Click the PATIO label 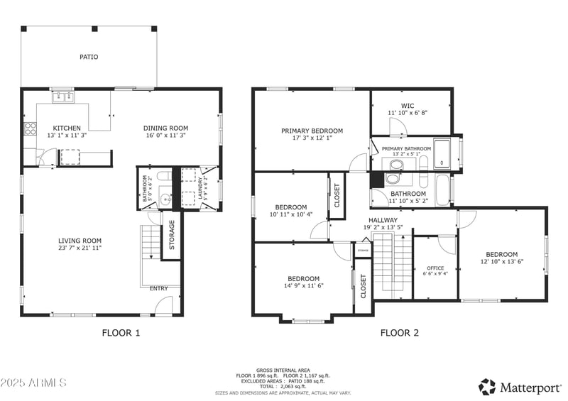(89, 57)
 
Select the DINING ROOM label (165, 128)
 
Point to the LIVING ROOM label (80, 241)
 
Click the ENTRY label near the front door (159, 288)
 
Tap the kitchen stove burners (31, 128)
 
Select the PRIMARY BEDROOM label (312, 131)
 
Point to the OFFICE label (435, 268)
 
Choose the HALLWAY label (383, 220)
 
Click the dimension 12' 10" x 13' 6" (502, 262)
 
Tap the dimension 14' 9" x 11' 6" (303, 286)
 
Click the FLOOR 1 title (121, 332)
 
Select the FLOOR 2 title (399, 332)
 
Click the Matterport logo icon (487, 387)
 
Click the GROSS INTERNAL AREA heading (283, 370)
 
